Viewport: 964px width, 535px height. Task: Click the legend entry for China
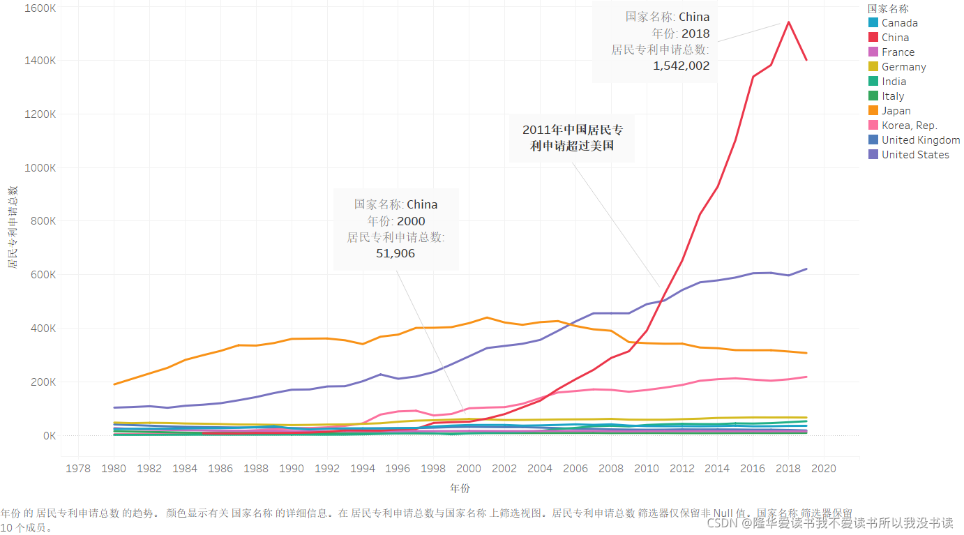coord(895,38)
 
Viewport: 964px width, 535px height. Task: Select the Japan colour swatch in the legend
coord(873,111)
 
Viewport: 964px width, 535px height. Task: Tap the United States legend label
coord(915,155)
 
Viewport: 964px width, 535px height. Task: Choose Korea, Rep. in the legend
coord(909,126)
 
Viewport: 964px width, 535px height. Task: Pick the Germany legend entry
coord(903,67)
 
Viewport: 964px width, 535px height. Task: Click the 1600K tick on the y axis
coord(40,8)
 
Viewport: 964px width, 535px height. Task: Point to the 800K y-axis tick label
coord(42,221)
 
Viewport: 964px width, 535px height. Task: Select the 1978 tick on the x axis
coord(78,468)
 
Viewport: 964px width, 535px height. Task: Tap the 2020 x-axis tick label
coord(824,468)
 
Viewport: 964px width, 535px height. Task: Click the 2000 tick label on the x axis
coord(469,468)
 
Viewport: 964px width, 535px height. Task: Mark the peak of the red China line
coord(788,22)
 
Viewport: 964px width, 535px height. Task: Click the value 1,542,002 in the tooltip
coord(681,66)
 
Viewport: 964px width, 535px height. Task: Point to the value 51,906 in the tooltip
coord(396,253)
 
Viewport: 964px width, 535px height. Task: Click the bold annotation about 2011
coord(572,137)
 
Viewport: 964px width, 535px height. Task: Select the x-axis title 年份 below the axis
coord(460,488)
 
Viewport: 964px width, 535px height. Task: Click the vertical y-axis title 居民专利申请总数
coord(12,227)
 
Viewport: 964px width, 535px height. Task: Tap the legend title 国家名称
coord(887,8)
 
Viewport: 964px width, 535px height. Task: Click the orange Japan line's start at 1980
coord(114,384)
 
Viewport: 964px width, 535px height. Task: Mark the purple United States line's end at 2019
coord(806,269)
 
